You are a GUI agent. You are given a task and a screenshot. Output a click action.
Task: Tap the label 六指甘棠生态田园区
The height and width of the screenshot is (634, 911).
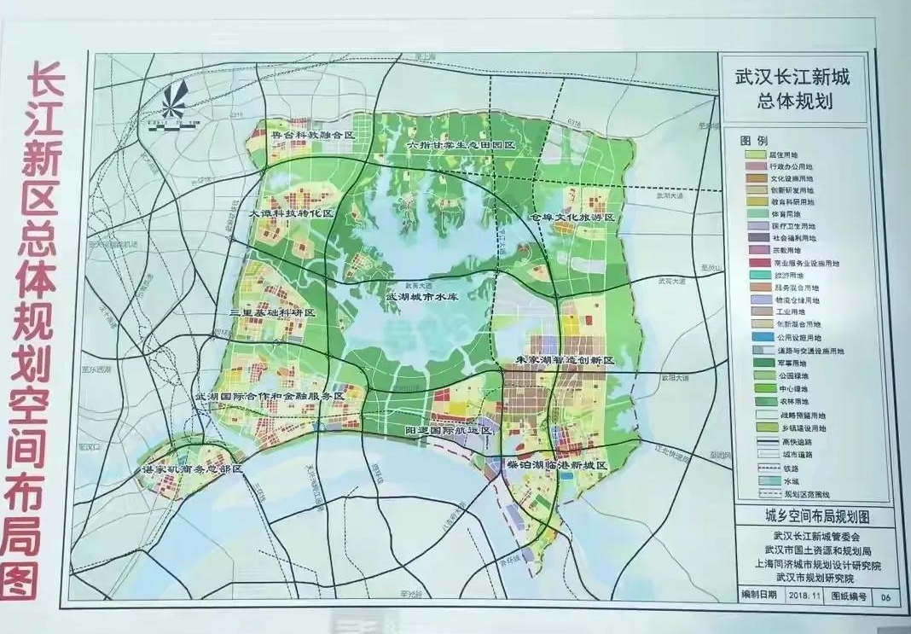tap(461, 146)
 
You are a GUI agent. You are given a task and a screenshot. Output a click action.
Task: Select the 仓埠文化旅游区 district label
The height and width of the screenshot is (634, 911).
tap(572, 218)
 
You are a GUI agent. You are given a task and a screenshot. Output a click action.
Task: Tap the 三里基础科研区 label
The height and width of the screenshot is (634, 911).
tap(273, 313)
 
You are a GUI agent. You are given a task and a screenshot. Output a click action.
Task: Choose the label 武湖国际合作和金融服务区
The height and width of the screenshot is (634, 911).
tap(270, 397)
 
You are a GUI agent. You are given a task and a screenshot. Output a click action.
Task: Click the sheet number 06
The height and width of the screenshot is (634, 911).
tap(885, 596)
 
